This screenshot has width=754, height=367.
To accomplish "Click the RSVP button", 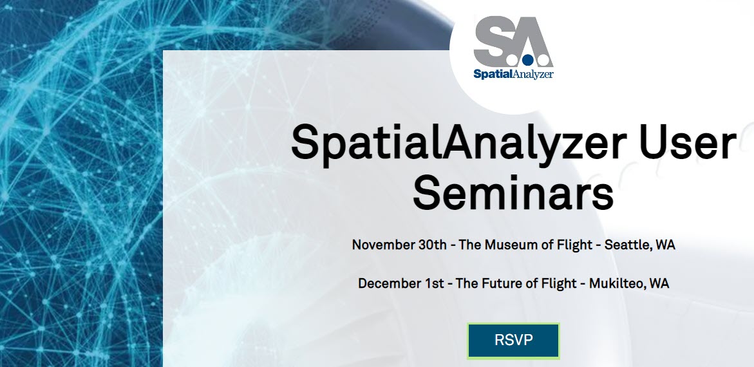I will (x=513, y=340).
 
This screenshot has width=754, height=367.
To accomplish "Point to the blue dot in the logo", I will (x=527, y=61).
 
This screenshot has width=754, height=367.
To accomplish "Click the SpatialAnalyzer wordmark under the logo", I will (x=513, y=73).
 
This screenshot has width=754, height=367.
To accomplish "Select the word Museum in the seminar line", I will (x=514, y=245).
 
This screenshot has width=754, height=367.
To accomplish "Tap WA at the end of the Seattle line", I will (x=665, y=245).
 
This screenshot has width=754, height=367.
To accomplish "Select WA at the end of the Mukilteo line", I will (x=659, y=283).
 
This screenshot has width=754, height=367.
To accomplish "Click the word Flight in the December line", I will (x=560, y=283).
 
